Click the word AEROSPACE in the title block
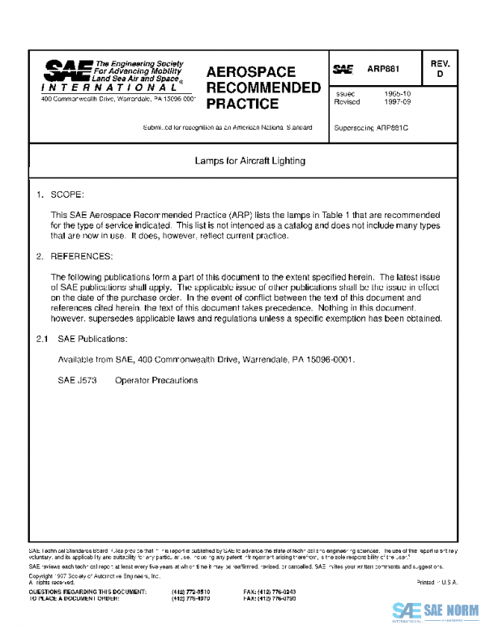250,72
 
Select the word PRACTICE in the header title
242,104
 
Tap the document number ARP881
383,70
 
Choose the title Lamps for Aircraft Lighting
249,160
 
